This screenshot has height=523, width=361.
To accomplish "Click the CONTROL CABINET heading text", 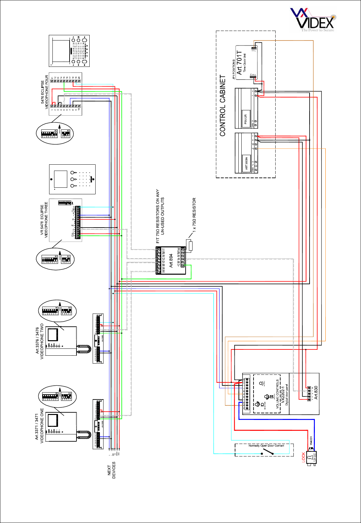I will [x=223, y=105].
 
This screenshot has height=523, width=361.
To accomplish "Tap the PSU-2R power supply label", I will [x=246, y=121].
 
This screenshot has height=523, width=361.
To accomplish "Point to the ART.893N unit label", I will [x=246, y=163].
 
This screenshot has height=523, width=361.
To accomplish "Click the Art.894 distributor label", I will [x=171, y=260].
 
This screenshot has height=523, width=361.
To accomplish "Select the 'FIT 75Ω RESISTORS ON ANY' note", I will [x=158, y=216].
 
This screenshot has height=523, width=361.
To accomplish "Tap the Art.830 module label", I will [x=316, y=393].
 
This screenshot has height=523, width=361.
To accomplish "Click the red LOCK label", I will [x=304, y=457].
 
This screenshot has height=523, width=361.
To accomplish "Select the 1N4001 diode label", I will [x=311, y=441].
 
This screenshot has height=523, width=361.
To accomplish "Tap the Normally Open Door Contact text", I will [x=266, y=446].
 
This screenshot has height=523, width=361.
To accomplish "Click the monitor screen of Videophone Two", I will [x=53, y=335].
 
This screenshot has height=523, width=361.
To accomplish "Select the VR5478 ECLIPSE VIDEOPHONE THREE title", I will [x=44, y=220].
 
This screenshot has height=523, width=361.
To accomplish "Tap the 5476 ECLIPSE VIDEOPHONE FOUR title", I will [x=45, y=92].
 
